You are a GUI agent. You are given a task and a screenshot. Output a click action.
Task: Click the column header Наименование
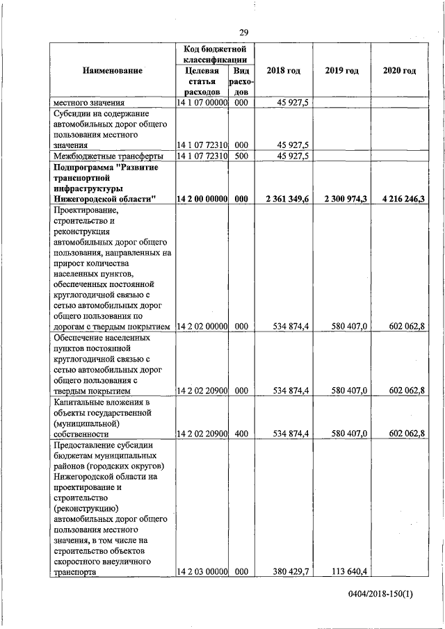coord(113,71)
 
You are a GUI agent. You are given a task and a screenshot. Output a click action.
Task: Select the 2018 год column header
coord(284,71)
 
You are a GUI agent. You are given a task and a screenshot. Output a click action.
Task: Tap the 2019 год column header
coord(341,71)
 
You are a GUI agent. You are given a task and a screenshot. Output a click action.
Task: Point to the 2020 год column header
coord(399,71)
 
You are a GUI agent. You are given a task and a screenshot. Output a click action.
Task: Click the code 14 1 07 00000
coord(202,103)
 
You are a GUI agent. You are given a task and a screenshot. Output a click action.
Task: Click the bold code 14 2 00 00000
coord(202,199)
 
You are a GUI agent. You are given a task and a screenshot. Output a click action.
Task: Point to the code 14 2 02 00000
coord(202,326)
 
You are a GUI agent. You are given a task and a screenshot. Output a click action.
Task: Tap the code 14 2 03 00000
coord(202,573)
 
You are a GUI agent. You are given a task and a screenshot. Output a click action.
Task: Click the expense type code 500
coord(241,156)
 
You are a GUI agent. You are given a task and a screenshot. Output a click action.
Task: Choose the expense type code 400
coord(241,434)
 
